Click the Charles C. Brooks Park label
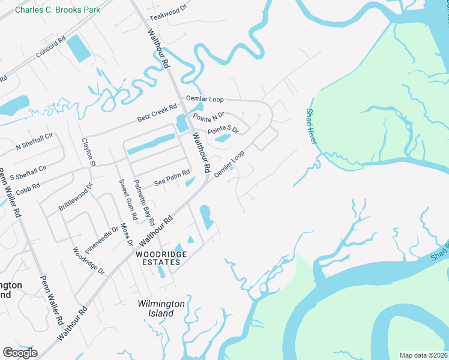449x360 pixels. coord(58,10)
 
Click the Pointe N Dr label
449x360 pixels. coord(208,115)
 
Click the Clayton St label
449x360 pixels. coord(88,152)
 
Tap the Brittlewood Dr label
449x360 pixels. coord(76,196)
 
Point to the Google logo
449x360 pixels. coord(20,352)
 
